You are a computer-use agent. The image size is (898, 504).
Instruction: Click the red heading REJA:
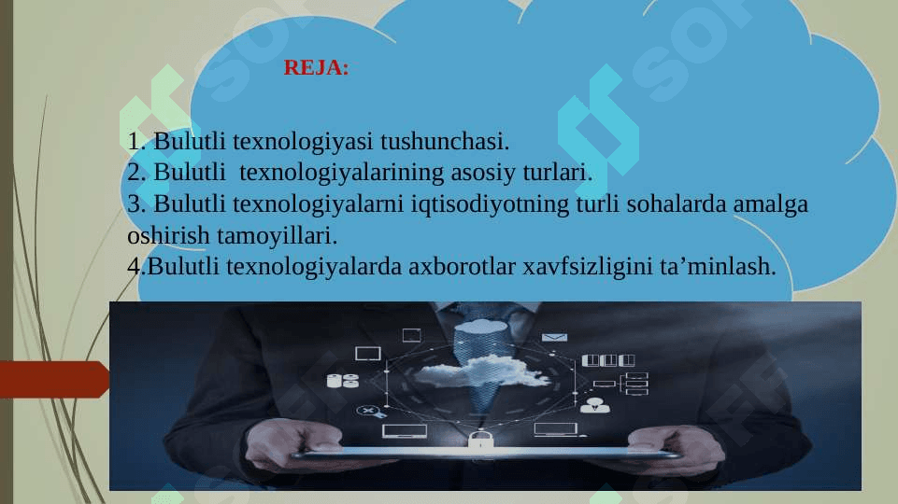click(x=316, y=67)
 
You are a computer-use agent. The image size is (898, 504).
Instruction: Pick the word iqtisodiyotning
click(x=490, y=204)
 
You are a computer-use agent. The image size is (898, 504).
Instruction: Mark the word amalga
click(x=771, y=204)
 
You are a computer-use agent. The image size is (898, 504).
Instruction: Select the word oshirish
click(x=168, y=235)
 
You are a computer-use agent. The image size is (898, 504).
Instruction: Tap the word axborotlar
click(x=462, y=266)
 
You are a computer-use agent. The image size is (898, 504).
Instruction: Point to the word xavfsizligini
click(x=588, y=267)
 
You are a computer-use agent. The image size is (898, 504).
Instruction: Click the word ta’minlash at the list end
click(x=718, y=266)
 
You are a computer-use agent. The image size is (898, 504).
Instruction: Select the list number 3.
click(x=135, y=204)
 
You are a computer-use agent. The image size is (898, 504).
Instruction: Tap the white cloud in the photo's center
click(x=480, y=370)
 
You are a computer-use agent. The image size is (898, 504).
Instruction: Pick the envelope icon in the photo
click(x=554, y=338)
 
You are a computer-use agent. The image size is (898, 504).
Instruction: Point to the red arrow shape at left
click(x=55, y=379)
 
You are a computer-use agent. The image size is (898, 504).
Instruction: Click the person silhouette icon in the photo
click(x=595, y=406)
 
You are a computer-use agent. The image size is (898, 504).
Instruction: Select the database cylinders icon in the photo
click(x=343, y=381)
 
